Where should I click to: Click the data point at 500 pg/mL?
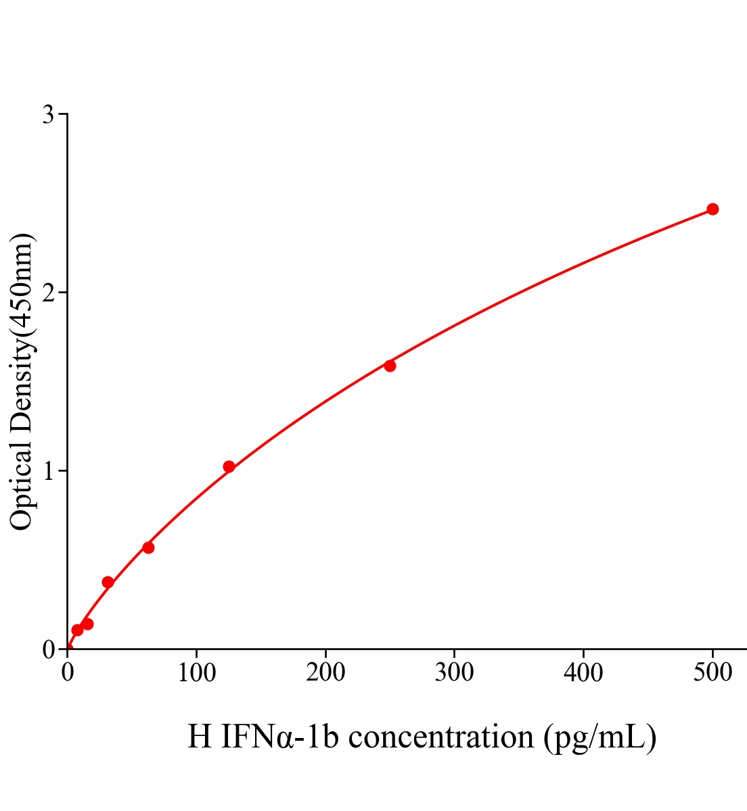pos(712,209)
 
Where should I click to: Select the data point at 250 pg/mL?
pos(390,366)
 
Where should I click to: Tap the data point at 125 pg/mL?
pos(229,466)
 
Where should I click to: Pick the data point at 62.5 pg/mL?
pos(148,547)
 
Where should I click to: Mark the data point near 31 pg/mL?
pos(108,582)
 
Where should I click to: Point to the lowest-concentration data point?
pos(77,630)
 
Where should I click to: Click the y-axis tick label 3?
pos(48,115)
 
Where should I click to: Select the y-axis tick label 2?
pos(48,293)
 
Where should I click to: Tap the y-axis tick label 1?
pos(48,471)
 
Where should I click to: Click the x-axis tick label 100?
pos(196,672)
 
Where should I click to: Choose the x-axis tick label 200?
pos(325,672)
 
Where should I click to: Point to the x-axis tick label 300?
pos(454,672)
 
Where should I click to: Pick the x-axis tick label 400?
pos(583,672)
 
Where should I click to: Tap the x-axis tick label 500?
pos(712,672)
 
